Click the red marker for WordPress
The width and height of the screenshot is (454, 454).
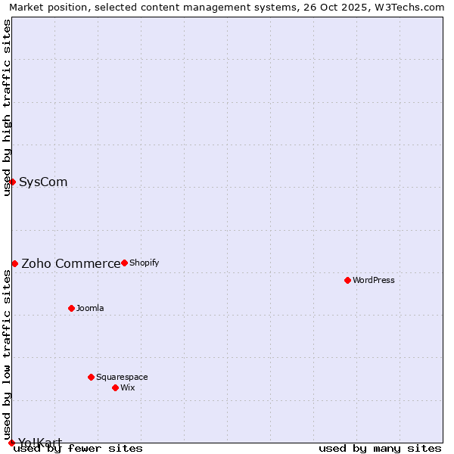tap(347, 280)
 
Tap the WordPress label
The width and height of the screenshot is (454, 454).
tap(373, 281)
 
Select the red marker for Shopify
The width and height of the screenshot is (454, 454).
tap(124, 263)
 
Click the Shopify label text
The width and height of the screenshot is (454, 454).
tap(144, 263)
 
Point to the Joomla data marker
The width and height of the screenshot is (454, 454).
tap(71, 308)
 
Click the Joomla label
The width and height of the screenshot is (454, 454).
tap(90, 309)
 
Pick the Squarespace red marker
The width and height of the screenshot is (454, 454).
tap(91, 377)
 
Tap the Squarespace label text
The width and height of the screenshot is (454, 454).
tap(122, 378)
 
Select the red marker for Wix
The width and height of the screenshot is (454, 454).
tap(115, 387)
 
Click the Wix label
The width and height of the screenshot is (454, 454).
tap(127, 388)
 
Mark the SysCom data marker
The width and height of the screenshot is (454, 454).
tap(12, 182)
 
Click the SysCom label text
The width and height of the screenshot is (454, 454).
tap(43, 182)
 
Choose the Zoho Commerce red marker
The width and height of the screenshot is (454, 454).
tap(14, 263)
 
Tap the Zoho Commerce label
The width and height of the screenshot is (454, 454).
tap(70, 264)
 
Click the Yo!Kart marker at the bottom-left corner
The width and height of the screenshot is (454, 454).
tap(11, 443)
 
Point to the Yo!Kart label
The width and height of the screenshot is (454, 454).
tap(40, 443)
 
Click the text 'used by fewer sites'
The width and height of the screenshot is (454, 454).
tap(78, 449)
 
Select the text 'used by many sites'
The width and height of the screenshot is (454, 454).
tap(380, 449)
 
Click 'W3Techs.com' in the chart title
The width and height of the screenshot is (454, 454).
tap(412, 7)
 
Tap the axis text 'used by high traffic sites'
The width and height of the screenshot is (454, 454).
tap(7, 107)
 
